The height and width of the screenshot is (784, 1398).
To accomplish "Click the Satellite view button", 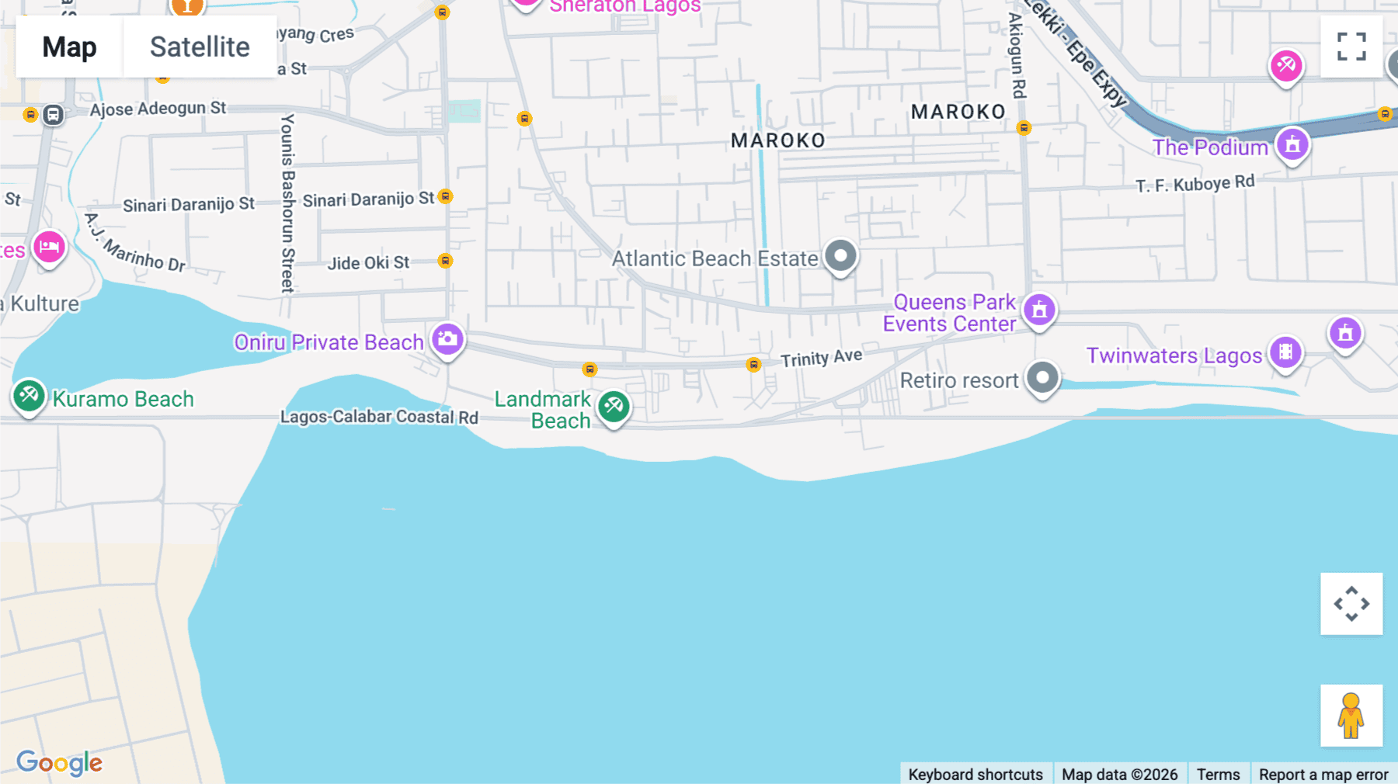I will click(x=200, y=47).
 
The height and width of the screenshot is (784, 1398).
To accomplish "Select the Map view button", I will click(x=69, y=47).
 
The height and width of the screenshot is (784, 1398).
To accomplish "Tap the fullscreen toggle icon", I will click(x=1351, y=47).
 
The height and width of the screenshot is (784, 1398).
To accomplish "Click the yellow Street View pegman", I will click(x=1351, y=715).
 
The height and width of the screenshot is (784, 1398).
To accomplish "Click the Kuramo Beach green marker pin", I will click(x=29, y=396).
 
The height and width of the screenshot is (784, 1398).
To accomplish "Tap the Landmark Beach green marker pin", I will click(x=614, y=406).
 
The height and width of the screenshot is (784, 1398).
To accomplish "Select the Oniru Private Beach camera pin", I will click(x=447, y=339).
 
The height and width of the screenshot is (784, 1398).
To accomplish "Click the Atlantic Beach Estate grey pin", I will click(x=840, y=256).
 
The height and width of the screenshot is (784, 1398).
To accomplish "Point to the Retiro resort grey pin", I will click(x=1042, y=379).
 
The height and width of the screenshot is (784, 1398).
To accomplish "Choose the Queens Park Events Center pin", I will click(x=1039, y=310).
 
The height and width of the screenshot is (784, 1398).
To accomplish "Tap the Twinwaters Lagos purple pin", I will click(x=1285, y=352).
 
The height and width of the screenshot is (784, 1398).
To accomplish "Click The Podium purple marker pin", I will click(x=1292, y=145).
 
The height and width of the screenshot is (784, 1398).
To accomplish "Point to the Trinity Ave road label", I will click(x=821, y=358).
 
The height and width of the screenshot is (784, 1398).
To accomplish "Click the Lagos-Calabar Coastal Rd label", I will click(x=379, y=417).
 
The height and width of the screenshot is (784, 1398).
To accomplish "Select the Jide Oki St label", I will click(x=368, y=263).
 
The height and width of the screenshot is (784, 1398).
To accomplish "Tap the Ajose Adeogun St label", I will click(x=158, y=109).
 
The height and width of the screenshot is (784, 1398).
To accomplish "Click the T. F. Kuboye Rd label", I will click(x=1195, y=184).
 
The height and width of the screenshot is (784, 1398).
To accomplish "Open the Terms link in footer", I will click(x=1218, y=774).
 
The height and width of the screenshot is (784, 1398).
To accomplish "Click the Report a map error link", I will click(x=1323, y=774).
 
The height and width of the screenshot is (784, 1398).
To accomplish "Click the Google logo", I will click(x=59, y=763).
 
